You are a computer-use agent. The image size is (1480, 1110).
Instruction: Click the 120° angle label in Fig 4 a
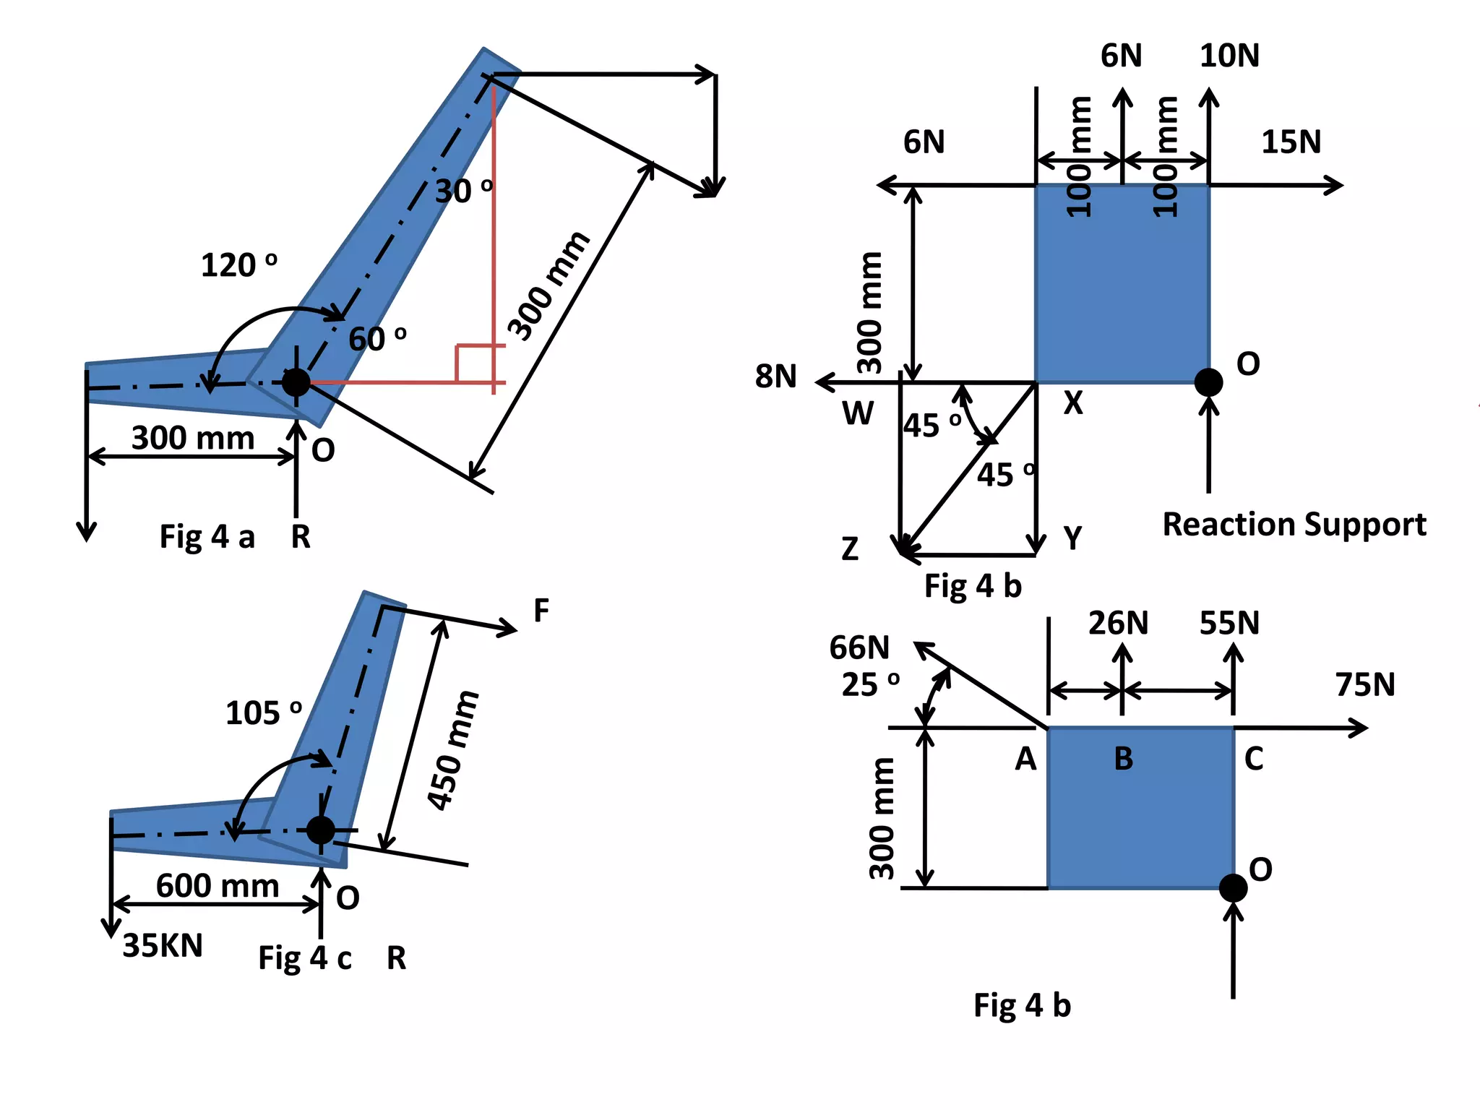pos(238,265)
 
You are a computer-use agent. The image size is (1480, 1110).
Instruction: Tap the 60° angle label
pos(377,339)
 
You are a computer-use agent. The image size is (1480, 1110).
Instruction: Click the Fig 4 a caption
pos(207,537)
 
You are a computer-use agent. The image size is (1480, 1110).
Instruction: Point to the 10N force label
pos(1229,56)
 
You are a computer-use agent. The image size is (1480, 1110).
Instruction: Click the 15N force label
pos(1291,142)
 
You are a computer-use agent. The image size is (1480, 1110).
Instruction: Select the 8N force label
pos(775,377)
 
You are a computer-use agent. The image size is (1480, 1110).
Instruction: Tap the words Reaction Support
pos(1294,524)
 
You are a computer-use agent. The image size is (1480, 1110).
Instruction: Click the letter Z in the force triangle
pos(850,549)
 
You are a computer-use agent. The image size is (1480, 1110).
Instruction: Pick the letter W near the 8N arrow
pos(858,414)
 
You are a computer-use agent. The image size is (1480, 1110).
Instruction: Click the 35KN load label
pos(163,945)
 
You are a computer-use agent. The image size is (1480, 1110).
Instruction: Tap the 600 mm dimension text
pos(218,885)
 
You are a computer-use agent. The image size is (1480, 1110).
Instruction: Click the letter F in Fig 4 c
pos(541,611)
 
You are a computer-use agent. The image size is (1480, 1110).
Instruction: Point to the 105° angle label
pos(263,713)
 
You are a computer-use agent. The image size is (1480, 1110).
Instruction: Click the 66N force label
pos(859,647)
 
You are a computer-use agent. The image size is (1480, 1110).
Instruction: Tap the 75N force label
pos(1364,684)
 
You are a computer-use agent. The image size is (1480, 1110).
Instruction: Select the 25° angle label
pos(870,684)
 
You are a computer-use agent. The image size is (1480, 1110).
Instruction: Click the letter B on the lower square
pos(1123,759)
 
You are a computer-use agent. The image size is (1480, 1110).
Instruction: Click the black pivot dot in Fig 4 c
pos(320,830)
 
